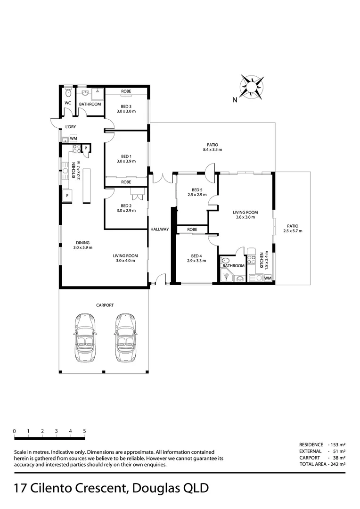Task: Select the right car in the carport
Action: pyautogui.click(x=125, y=337)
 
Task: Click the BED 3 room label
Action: pyautogui.click(x=126, y=106)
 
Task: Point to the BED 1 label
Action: pyautogui.click(x=126, y=156)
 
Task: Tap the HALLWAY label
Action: pyautogui.click(x=160, y=230)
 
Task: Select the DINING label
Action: pyautogui.click(x=82, y=243)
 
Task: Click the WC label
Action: pyautogui.click(x=67, y=103)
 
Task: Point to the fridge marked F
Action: pyautogui.click(x=67, y=195)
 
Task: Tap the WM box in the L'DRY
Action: pyautogui.click(x=74, y=138)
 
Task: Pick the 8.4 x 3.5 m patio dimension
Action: pyautogui.click(x=212, y=150)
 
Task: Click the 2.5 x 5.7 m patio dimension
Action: pyautogui.click(x=293, y=231)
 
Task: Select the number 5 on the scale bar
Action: pyautogui.click(x=84, y=431)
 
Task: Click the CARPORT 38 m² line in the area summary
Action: pyautogui.click(x=322, y=458)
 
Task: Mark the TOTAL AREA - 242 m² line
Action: pyautogui.click(x=322, y=464)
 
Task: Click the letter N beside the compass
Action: pyautogui.click(x=234, y=99)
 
